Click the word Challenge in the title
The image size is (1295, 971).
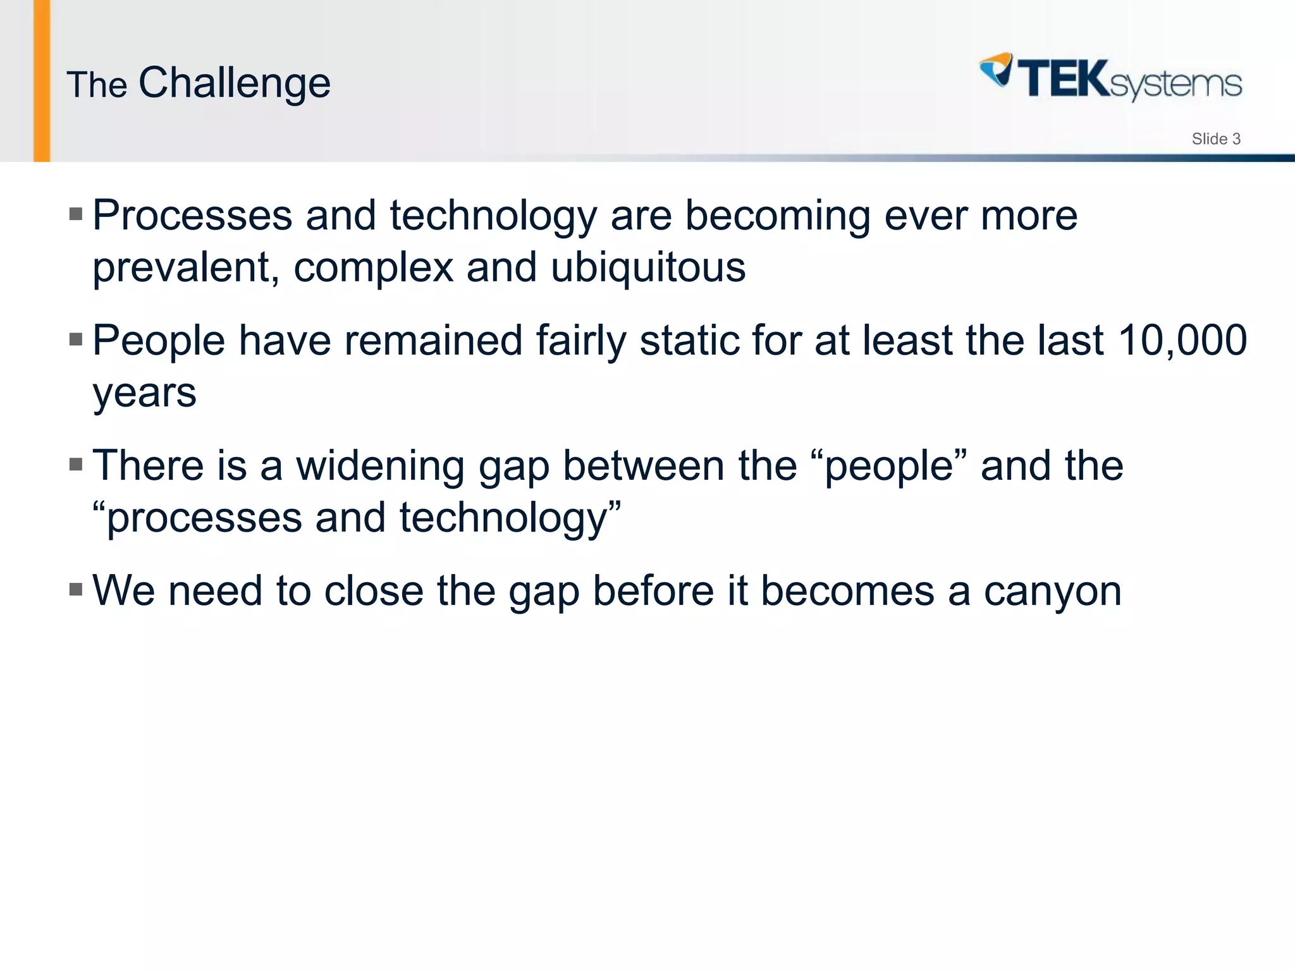[x=234, y=83]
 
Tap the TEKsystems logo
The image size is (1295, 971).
[x=1110, y=79]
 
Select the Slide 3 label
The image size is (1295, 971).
[x=1215, y=139]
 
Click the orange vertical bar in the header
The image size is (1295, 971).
[x=42, y=81]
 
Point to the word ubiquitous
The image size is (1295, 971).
[x=648, y=267]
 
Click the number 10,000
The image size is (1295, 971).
[x=1182, y=341]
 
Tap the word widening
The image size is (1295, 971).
[x=380, y=466]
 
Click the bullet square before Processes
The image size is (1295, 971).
[x=76, y=214]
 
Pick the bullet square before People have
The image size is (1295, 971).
[x=76, y=339]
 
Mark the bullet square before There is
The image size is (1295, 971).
[x=76, y=465]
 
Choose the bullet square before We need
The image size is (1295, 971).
[x=76, y=590]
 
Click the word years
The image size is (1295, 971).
[x=144, y=394]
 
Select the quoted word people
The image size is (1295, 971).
[x=888, y=467]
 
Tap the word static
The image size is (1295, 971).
[x=689, y=341]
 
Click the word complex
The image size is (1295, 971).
[x=373, y=269]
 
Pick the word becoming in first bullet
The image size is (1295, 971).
[x=778, y=216]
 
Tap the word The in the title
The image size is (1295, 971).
[x=97, y=85]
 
